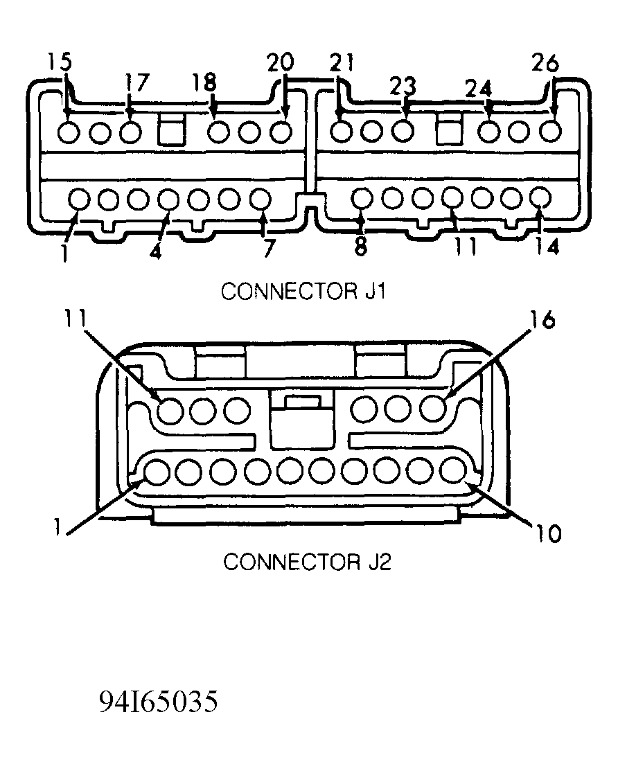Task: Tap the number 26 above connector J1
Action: coord(545,64)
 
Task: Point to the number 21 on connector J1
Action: coord(341,64)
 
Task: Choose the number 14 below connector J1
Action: coord(547,247)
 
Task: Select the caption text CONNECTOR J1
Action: coord(303,292)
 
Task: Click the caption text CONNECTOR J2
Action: coord(307,561)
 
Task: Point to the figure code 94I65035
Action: coord(159,702)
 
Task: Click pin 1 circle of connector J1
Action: coord(79,199)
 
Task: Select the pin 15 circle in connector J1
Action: coord(68,131)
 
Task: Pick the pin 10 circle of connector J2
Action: coord(454,471)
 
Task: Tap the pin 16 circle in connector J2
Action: coord(434,409)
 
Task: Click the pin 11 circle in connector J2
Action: coord(169,411)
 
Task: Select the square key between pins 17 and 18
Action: coord(172,130)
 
